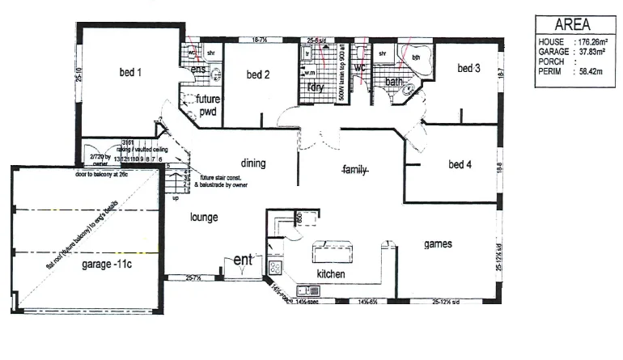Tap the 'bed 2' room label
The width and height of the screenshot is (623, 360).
click(257, 75)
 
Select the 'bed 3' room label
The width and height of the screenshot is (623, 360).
click(468, 68)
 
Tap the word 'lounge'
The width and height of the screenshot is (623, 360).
click(206, 217)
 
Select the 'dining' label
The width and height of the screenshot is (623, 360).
click(253, 163)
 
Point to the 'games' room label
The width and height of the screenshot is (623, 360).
click(437, 244)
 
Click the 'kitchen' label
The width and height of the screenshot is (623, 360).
click(331, 274)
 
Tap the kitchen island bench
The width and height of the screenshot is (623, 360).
click(333, 253)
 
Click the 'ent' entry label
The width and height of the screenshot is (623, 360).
click(244, 260)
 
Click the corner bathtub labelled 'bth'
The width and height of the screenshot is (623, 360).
click(417, 60)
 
